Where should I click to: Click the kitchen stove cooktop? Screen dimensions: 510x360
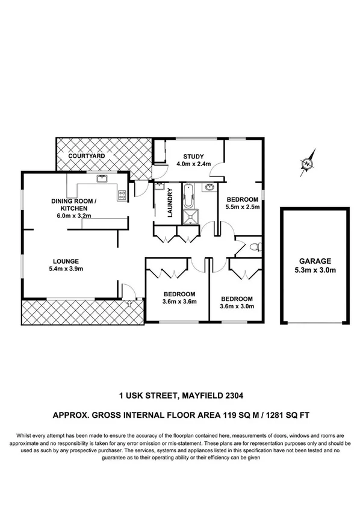(122, 194)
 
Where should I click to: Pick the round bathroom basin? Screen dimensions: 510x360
(209, 187)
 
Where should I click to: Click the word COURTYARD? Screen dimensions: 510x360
(87, 156)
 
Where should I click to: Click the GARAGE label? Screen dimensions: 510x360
(315, 261)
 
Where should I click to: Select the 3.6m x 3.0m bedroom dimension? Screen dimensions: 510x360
(236, 306)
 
